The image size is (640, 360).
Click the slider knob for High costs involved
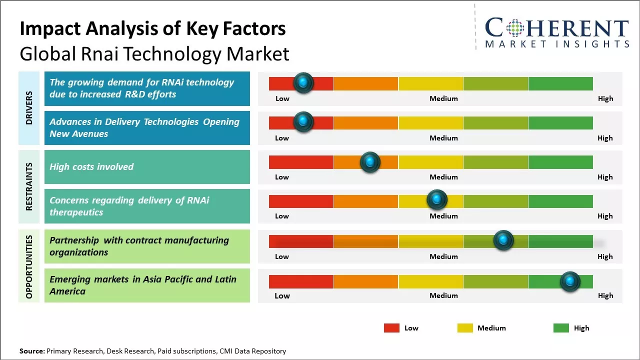pos(370,162)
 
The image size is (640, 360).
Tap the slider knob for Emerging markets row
pos(569,281)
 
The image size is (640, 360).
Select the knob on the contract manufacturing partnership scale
pos(503,240)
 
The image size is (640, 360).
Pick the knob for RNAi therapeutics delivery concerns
pos(436,200)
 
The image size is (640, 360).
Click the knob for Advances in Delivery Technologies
pos(303,121)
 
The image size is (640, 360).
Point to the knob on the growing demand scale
pos(303,82)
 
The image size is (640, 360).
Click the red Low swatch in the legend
pos(391,328)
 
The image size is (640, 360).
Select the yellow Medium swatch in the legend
pos(465,328)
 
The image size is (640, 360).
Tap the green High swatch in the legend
pos(561,328)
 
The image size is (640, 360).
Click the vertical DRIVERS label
pos(29,108)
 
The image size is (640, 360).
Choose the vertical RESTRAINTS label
pos(29,186)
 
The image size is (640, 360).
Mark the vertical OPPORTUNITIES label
pos(29,266)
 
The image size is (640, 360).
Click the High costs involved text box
pos(147,167)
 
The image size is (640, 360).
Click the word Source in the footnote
pos(32,351)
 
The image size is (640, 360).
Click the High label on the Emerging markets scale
pos(605,295)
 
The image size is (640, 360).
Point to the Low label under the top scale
pos(282,98)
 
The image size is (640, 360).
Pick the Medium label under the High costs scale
pos(443,177)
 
